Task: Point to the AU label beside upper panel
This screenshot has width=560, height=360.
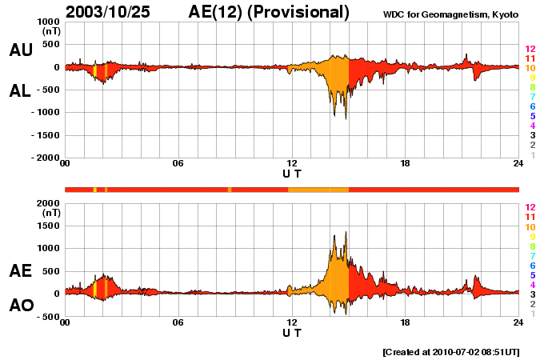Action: click(21, 50)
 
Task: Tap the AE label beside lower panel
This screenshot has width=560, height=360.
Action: click(21, 271)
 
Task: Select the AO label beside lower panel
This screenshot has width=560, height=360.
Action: click(21, 305)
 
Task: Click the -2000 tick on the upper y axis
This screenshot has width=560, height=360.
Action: click(46, 158)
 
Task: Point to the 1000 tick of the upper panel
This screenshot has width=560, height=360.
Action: click(49, 22)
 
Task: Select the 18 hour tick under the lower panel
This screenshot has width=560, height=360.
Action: click(405, 322)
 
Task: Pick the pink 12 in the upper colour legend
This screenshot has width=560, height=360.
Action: click(530, 49)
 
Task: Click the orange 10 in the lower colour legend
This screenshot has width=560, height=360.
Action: click(530, 226)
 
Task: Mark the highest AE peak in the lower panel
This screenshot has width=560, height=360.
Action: click(346, 233)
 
